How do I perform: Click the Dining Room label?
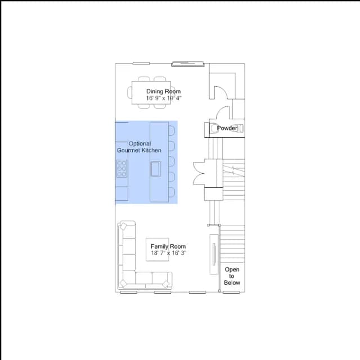pyautogui.click(x=164, y=91)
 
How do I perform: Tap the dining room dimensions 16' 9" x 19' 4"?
pyautogui.click(x=164, y=98)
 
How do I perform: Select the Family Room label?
pyautogui.click(x=168, y=246)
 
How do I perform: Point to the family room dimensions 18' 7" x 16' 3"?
pyautogui.click(x=169, y=253)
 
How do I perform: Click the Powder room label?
pyautogui.click(x=227, y=128)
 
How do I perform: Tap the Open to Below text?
pyautogui.click(x=232, y=276)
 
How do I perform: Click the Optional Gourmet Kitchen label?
pyautogui.click(x=139, y=147)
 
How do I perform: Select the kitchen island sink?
pyautogui.click(x=155, y=169)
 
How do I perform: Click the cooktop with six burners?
pyautogui.click(x=121, y=169)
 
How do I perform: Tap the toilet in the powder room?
pyautogui.click(x=238, y=128)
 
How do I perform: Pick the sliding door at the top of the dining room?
pyautogui.click(x=187, y=64)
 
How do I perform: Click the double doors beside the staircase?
pyautogui.click(x=199, y=173)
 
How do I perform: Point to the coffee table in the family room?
pyautogui.click(x=157, y=250)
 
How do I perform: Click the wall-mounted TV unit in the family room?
pyautogui.click(x=214, y=254)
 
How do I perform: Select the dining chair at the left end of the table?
pyautogui.click(x=130, y=92)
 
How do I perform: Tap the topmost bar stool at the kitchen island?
pyautogui.click(x=172, y=130)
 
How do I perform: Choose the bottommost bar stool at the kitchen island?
pyautogui.click(x=172, y=192)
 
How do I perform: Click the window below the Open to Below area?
pyautogui.click(x=231, y=292)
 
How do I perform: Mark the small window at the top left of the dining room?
pyautogui.click(x=141, y=64)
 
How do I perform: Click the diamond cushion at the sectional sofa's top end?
pyautogui.click(x=124, y=226)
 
